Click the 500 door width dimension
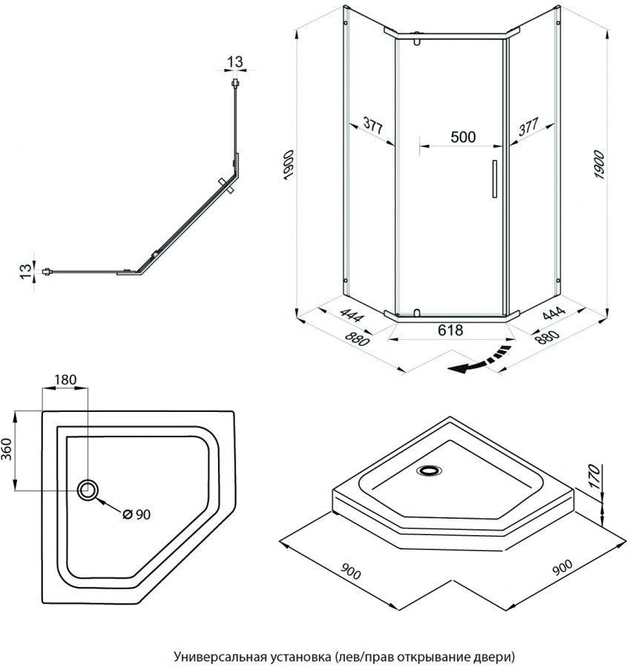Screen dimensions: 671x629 pos(463,137)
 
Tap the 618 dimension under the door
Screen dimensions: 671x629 pos(450,330)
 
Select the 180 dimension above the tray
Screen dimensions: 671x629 pos(65,379)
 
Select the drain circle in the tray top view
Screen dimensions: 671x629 pos(88,488)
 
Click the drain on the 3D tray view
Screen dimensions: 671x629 pos(429,469)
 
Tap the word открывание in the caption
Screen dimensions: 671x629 pos(438,657)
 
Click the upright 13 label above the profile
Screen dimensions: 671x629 pos(235,60)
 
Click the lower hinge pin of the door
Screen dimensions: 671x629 pos(416,313)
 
